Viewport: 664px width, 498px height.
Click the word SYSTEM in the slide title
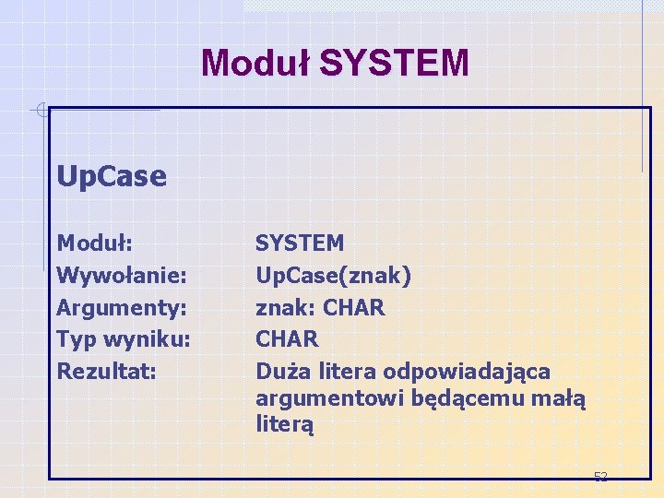coord(394,63)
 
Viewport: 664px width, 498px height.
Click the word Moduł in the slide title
coord(255,63)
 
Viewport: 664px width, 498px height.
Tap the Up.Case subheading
coord(112,175)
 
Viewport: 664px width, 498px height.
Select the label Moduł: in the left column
coord(95,243)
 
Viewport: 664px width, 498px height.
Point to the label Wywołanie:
coord(123,276)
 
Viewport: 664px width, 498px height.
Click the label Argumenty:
coord(122,307)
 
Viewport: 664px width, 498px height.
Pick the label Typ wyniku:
coord(124,339)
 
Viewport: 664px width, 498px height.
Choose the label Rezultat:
coord(105,371)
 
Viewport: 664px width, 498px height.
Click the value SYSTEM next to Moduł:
coord(300,243)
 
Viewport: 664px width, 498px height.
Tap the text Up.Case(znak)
coord(333,276)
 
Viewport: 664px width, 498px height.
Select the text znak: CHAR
coord(320,307)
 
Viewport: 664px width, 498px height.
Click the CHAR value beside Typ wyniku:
coord(287,339)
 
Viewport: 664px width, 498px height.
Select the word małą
coord(563,398)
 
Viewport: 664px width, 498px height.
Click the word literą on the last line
coord(285,425)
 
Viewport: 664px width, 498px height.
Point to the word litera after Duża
coord(348,371)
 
